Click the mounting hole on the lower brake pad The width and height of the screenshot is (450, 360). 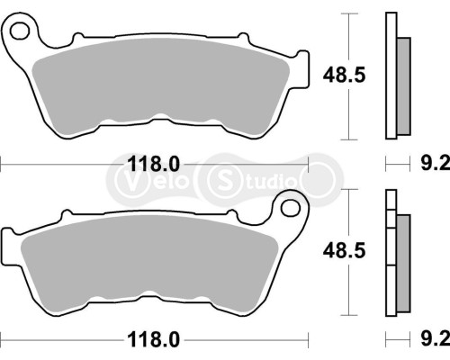tap(290, 209)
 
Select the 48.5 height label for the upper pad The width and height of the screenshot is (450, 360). tap(341, 76)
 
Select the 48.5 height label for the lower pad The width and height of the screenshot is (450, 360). tap(341, 254)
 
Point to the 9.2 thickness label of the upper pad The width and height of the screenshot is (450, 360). tap(435, 164)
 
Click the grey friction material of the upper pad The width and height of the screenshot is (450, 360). tap(162, 85)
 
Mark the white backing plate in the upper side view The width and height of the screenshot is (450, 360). tap(390, 76)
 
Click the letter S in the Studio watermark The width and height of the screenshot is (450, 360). tap(221, 176)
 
